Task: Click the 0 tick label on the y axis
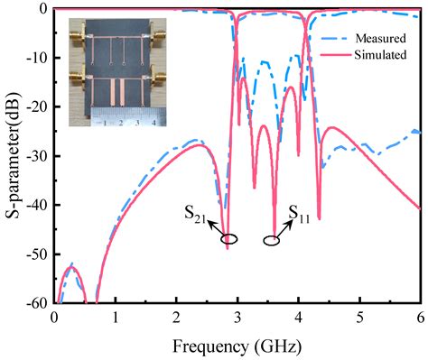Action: pyautogui.click(x=43, y=9)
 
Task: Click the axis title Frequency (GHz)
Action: pyautogui.click(x=239, y=346)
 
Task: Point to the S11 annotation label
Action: pyautogui.click(x=302, y=213)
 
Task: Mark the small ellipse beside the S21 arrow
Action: pyautogui.click(x=229, y=239)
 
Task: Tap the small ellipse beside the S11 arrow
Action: pyautogui.click(x=272, y=240)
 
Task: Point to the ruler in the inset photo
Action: pyautogui.click(x=123, y=117)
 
